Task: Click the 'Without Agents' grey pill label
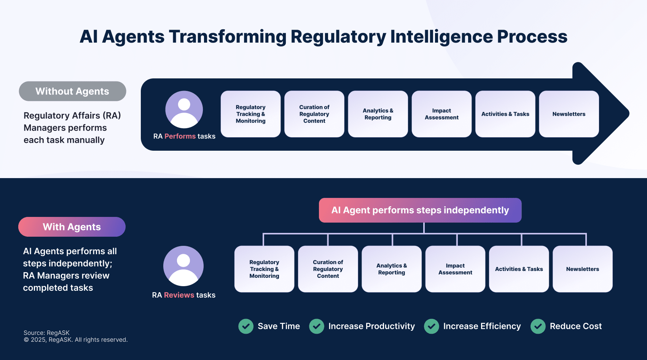72,91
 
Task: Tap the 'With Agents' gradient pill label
72,227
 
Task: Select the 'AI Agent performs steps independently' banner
420,210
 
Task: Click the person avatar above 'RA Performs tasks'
184,110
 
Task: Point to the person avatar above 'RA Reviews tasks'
183,266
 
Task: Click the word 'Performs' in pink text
180,136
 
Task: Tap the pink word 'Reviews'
179,295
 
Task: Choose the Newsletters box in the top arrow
569,114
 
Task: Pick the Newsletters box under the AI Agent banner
582,269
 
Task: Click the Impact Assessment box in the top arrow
441,114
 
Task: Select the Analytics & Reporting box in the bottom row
392,269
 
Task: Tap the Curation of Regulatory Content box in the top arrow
314,114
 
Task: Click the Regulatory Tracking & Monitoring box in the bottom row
264,269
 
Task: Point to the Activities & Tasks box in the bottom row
519,269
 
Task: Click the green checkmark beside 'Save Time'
246,326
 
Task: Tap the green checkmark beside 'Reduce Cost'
538,326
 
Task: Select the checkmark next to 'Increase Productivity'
317,326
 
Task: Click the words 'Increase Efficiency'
482,326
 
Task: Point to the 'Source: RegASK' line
46,333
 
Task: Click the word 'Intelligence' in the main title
441,37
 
